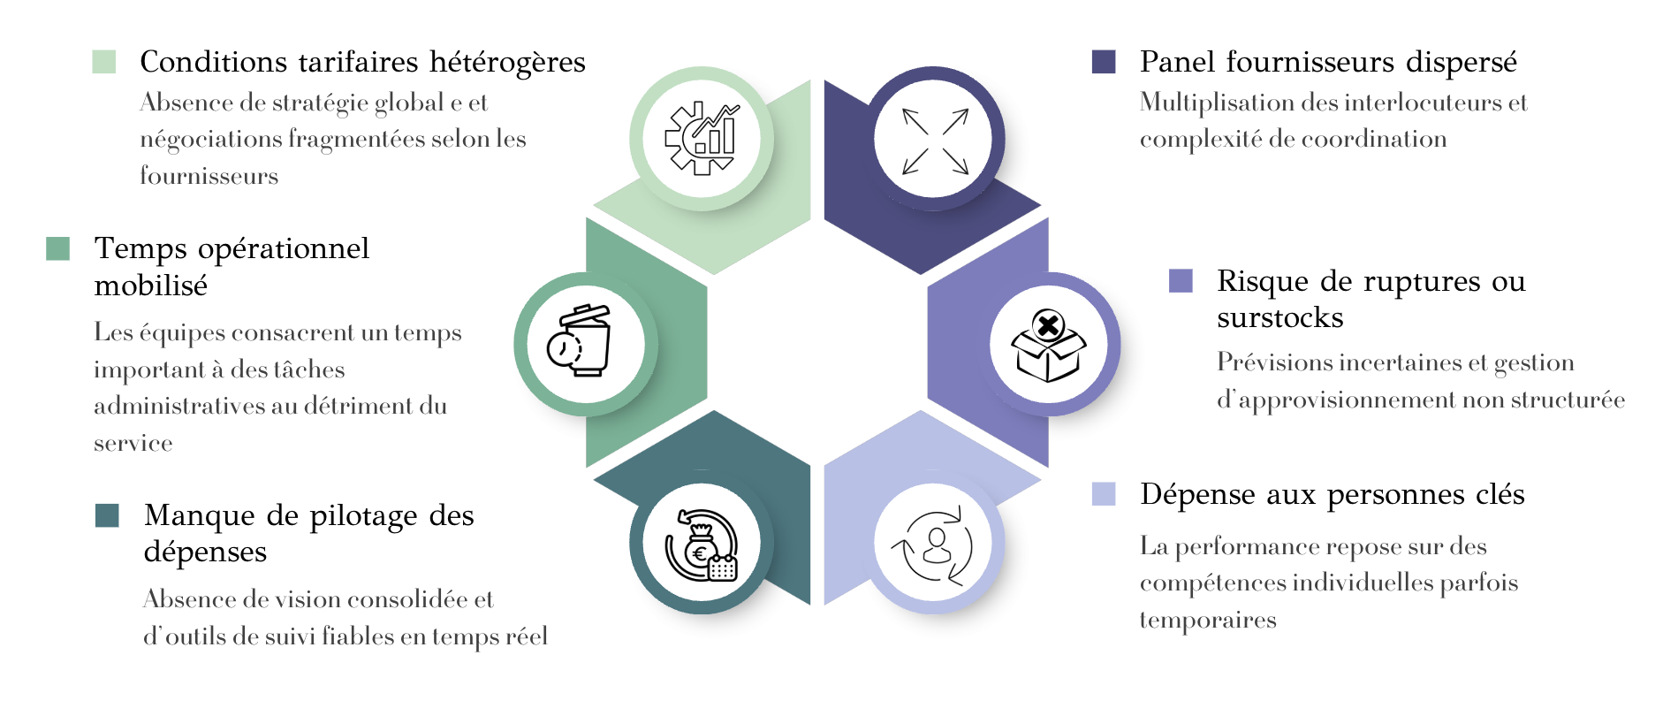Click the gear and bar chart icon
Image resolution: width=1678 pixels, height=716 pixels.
click(x=702, y=139)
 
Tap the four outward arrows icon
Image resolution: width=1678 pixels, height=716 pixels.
click(x=934, y=140)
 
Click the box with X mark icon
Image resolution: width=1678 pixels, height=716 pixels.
click(x=1048, y=345)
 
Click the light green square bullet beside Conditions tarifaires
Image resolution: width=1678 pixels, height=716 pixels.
click(x=104, y=62)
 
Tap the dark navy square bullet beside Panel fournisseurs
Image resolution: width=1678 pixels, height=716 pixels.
click(x=1104, y=62)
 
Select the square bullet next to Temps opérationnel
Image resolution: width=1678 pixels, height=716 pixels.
click(x=58, y=248)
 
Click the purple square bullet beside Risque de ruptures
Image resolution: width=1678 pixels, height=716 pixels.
click(x=1181, y=281)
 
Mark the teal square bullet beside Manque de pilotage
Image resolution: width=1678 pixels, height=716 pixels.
click(x=107, y=515)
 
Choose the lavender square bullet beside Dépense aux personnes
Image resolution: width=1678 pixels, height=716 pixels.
click(x=1104, y=494)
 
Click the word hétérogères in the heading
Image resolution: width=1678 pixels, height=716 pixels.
click(x=507, y=63)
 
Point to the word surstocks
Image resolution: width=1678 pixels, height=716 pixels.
click(x=1279, y=317)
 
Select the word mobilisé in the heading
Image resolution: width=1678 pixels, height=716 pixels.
click(x=151, y=286)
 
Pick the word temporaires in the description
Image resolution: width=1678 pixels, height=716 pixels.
click(x=1208, y=621)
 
